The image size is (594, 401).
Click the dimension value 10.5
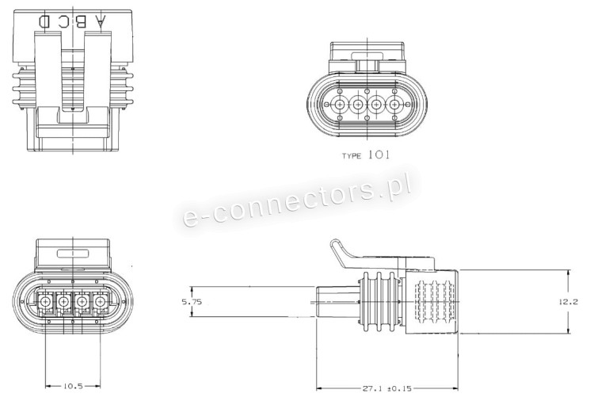tap(73, 386)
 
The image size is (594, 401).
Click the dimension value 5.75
tap(192, 302)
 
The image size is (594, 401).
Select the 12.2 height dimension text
tap(568, 302)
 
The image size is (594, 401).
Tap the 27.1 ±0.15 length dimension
tap(386, 388)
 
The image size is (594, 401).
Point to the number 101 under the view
tap(379, 155)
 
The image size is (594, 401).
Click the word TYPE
tap(352, 156)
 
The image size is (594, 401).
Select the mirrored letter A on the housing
tap(100, 21)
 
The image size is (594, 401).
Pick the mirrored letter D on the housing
tap(45, 21)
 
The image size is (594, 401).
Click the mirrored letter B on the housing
tap(80, 21)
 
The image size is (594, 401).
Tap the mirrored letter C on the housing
tap(63, 21)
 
